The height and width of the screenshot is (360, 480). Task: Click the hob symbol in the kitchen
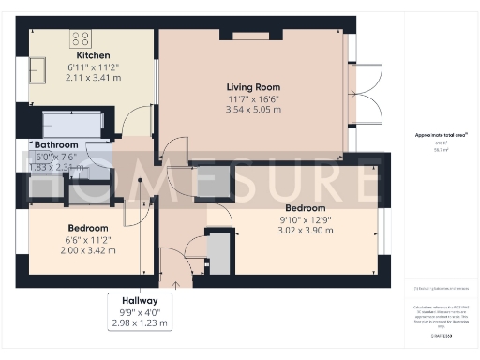click(x=81, y=39)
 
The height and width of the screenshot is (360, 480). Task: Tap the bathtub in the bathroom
click(x=69, y=123)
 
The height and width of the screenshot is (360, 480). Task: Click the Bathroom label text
click(x=55, y=146)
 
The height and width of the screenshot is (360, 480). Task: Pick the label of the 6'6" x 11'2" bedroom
click(x=87, y=228)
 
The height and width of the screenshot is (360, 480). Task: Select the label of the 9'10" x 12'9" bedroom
click(x=305, y=207)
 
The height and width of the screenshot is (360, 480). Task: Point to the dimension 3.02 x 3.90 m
click(x=305, y=230)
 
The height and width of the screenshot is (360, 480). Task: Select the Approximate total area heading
click(x=441, y=134)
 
